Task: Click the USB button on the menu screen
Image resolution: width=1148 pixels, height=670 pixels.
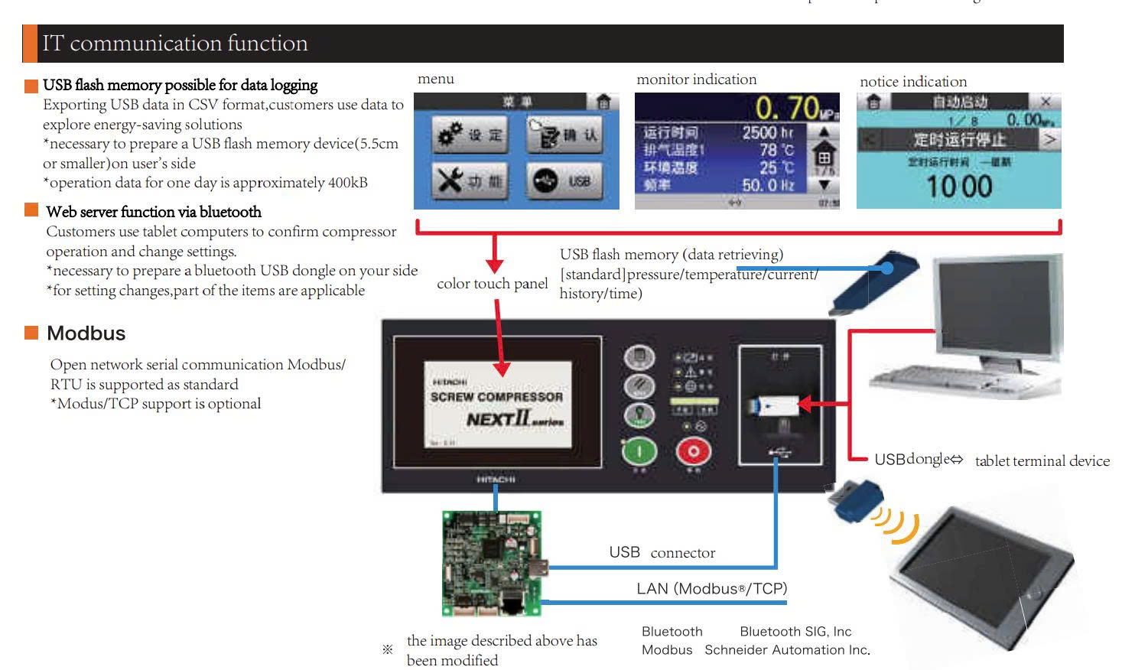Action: [x=564, y=181]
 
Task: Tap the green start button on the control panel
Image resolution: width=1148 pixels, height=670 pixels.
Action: [x=639, y=451]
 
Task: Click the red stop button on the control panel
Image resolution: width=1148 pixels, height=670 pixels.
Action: [x=693, y=451]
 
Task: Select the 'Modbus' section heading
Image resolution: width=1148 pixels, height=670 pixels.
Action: [x=86, y=333]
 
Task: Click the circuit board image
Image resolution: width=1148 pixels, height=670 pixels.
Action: [x=492, y=564]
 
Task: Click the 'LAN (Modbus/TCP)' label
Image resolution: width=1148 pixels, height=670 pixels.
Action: [x=711, y=588]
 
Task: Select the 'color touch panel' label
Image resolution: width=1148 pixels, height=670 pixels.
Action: [x=492, y=284]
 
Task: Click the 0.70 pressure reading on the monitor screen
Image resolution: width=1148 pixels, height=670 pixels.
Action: [x=788, y=108]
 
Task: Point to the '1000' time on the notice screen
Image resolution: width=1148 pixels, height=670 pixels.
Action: [x=959, y=187]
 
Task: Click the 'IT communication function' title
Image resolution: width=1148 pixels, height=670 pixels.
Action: [x=175, y=44]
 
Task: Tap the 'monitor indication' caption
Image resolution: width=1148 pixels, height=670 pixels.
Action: [x=696, y=80]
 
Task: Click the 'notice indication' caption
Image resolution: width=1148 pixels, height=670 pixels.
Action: [x=912, y=82]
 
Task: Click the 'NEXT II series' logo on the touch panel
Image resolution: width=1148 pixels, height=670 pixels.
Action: [x=514, y=420]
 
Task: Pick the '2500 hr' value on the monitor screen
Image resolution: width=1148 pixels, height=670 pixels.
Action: [x=768, y=133]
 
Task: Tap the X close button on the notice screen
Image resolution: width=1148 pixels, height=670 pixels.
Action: [x=1046, y=102]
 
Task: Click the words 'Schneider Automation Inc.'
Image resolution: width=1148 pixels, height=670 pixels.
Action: [x=787, y=650]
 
